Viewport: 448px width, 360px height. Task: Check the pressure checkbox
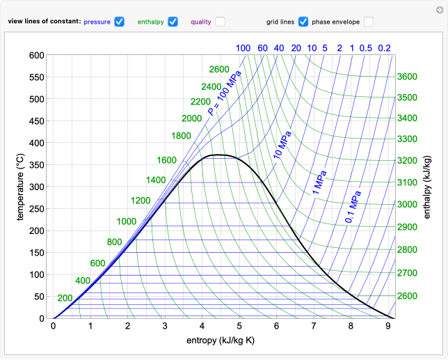pyautogui.click(x=119, y=22)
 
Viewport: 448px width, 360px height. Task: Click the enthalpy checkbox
pyautogui.click(x=173, y=22)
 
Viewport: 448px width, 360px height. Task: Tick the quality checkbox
pyautogui.click(x=220, y=22)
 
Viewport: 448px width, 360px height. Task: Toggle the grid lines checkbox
pyautogui.click(x=303, y=22)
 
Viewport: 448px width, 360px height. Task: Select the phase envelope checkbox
pyautogui.click(x=369, y=22)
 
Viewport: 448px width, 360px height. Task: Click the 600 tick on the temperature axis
pyautogui.click(x=35, y=55)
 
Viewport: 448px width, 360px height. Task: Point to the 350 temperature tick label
pyautogui.click(x=35, y=164)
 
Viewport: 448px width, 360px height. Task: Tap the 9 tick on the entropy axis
pyautogui.click(x=388, y=326)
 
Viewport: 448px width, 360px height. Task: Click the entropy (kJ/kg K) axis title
pyautogui.click(x=222, y=341)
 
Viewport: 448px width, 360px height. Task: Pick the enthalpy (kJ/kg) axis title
pyautogui.click(x=426, y=187)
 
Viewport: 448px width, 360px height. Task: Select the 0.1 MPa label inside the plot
pyautogui.click(x=353, y=207)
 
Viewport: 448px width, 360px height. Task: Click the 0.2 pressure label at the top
pyautogui.click(x=384, y=48)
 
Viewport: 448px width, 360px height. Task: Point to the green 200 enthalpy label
pyautogui.click(x=65, y=298)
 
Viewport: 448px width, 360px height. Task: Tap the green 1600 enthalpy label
pyautogui.click(x=166, y=160)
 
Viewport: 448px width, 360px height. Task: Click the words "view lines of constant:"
pyautogui.click(x=44, y=22)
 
